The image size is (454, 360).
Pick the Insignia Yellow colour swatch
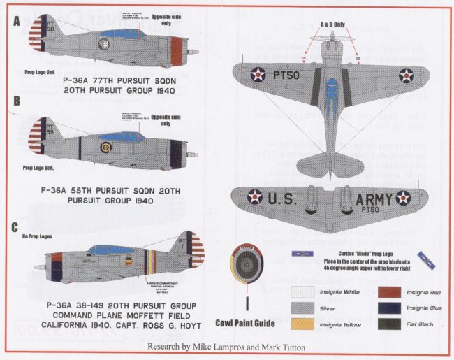pos(301,324)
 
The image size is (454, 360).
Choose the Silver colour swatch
pos(301,307)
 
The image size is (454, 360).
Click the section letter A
pos(16,22)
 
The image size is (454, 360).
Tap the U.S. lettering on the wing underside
pos(284,199)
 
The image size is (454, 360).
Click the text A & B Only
pos(332,23)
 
